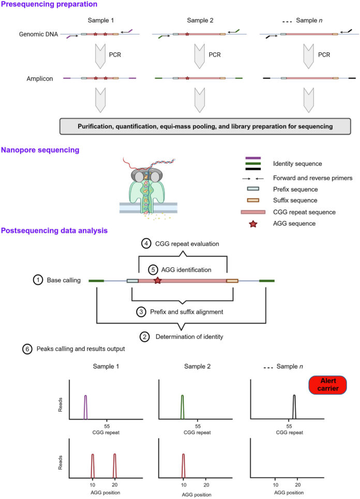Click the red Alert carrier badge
pos(327,385)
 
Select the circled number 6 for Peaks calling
pos(27,349)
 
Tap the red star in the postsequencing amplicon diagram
pos(157,281)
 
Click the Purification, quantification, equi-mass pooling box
pos(205,126)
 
